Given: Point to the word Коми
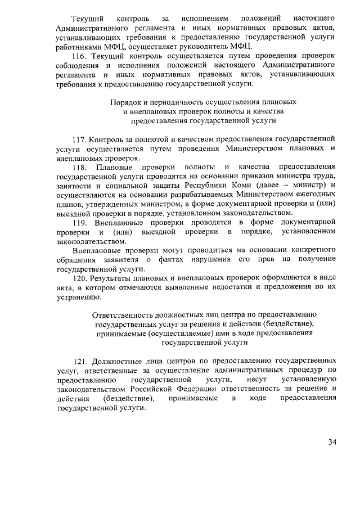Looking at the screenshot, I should [x=255, y=185].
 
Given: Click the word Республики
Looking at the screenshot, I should [x=222, y=185].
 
